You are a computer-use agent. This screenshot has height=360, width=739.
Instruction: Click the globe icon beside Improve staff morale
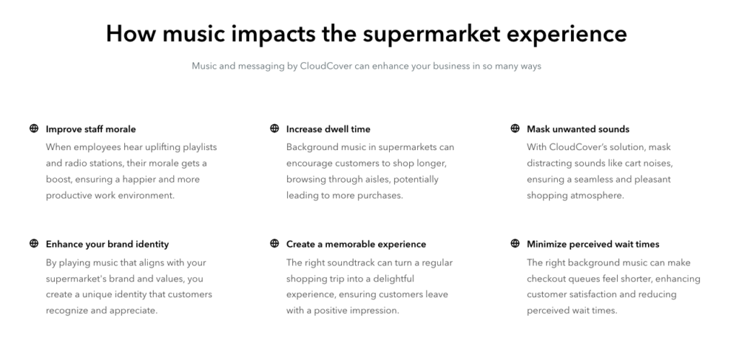click(x=34, y=128)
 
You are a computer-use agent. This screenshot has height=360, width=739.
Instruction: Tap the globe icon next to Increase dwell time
click(x=274, y=128)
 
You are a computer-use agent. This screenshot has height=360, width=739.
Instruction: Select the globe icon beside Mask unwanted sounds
click(x=515, y=128)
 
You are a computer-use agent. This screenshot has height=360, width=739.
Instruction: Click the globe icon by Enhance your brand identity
click(x=34, y=243)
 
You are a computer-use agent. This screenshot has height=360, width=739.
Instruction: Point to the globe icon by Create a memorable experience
click(x=274, y=243)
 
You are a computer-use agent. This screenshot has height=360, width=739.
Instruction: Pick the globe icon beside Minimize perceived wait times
click(x=515, y=243)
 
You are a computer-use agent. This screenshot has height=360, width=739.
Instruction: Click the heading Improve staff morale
click(x=90, y=129)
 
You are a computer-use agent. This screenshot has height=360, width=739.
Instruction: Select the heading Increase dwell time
click(x=328, y=129)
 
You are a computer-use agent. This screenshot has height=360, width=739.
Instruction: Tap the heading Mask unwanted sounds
click(x=578, y=129)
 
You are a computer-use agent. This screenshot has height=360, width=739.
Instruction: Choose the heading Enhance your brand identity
click(x=107, y=244)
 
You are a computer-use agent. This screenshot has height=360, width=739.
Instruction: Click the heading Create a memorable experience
click(x=356, y=244)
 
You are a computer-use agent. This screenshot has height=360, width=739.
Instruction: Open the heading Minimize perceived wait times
click(x=593, y=244)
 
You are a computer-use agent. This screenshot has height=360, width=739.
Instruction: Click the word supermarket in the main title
click(x=432, y=35)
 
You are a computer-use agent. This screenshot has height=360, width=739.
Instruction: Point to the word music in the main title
click(x=193, y=33)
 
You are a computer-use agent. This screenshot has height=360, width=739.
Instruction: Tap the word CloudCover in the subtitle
click(x=326, y=66)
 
